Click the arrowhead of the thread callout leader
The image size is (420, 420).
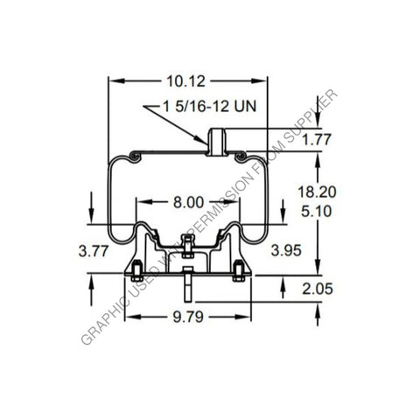tap(205, 141)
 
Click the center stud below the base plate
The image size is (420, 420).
tap(187, 286)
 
